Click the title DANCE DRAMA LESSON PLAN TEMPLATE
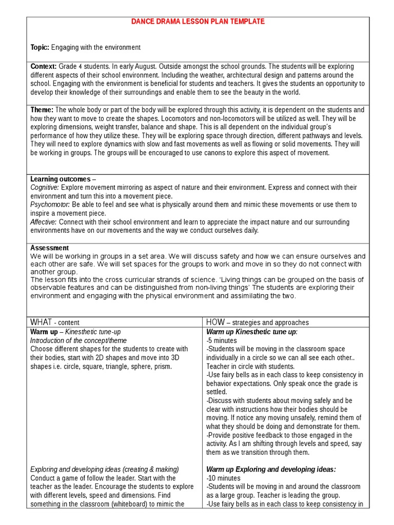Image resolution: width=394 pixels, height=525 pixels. pos(198,22)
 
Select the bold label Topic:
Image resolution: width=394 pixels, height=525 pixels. pos(40,47)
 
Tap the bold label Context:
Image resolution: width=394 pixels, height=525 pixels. pos(44,67)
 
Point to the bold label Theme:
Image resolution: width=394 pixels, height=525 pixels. pos(42,110)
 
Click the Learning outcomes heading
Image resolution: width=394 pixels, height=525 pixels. pos(61,179)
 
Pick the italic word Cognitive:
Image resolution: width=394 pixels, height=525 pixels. pos(45,188)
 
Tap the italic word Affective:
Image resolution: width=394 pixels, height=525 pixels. pos(44,222)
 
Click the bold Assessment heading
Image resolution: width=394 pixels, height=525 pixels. pos(49,248)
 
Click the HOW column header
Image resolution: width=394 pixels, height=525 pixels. pos(215,322)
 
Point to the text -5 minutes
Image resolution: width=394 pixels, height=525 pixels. pos(222,340)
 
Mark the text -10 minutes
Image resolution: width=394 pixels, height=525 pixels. pos(223,478)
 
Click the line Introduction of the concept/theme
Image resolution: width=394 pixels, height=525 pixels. pos(78,340)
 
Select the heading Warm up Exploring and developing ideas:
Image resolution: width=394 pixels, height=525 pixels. pos(271,469)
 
